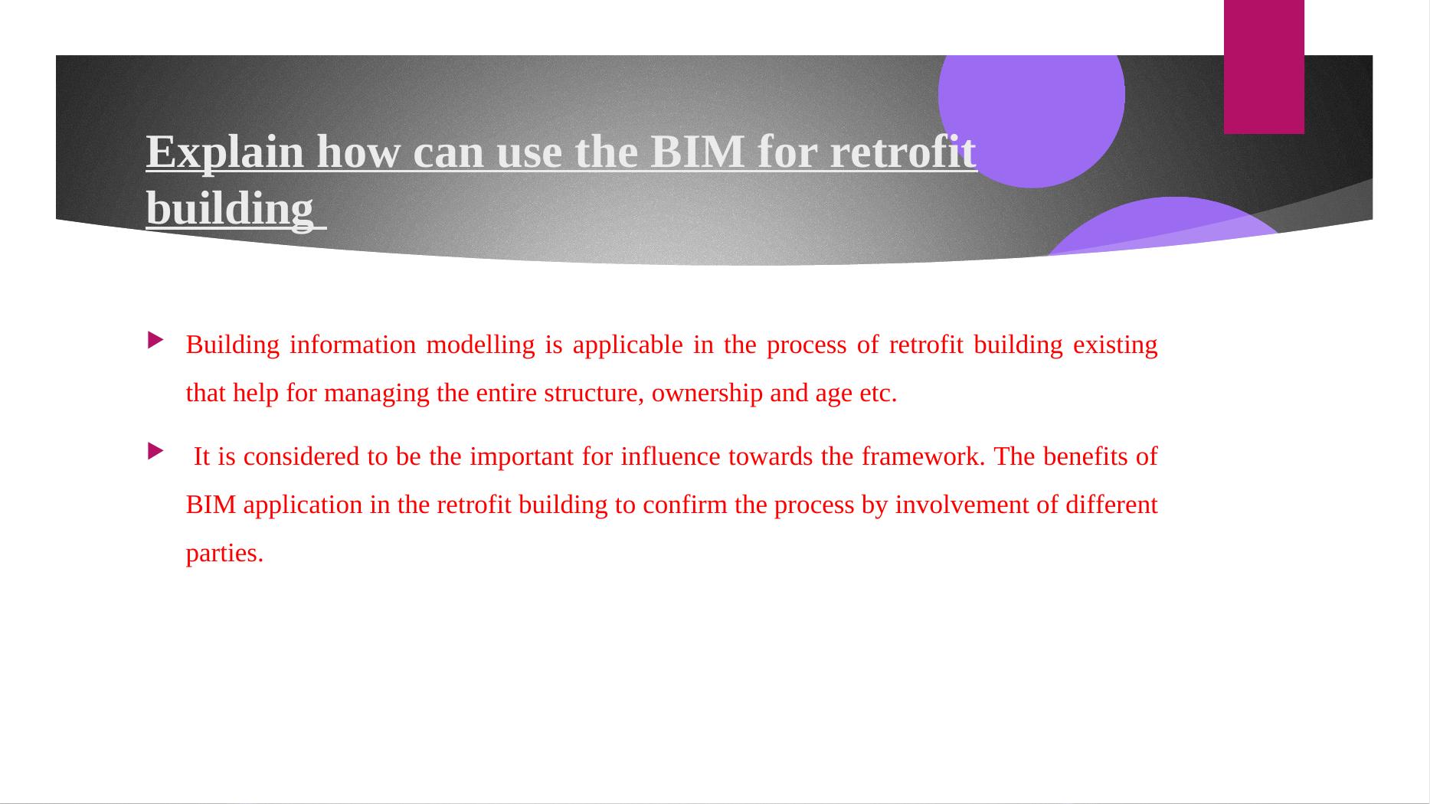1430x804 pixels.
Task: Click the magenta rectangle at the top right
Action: click(x=1264, y=67)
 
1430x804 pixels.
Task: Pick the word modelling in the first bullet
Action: click(x=480, y=345)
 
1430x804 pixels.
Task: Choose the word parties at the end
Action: click(x=224, y=554)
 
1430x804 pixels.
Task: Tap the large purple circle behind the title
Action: click(x=1031, y=115)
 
